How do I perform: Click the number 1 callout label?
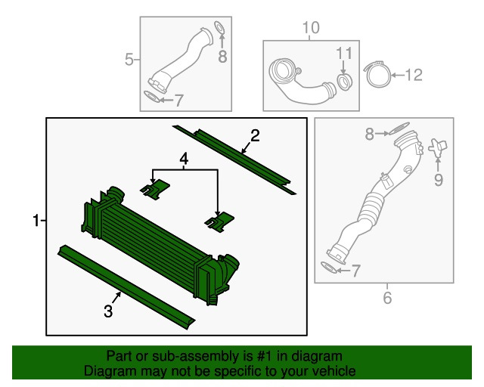[36, 221]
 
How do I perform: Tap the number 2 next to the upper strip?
[255, 136]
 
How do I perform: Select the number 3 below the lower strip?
[108, 311]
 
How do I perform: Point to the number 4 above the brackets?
[184, 159]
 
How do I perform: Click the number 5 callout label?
[129, 59]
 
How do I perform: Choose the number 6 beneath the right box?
[387, 298]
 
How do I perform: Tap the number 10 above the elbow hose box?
[311, 28]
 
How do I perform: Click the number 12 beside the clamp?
[414, 75]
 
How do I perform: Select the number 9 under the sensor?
[439, 180]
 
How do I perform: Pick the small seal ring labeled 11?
[344, 82]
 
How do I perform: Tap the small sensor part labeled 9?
[437, 147]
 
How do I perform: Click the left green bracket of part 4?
[155, 190]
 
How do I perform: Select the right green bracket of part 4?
[220, 222]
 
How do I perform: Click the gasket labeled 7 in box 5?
[153, 96]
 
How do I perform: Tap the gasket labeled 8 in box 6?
[399, 128]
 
